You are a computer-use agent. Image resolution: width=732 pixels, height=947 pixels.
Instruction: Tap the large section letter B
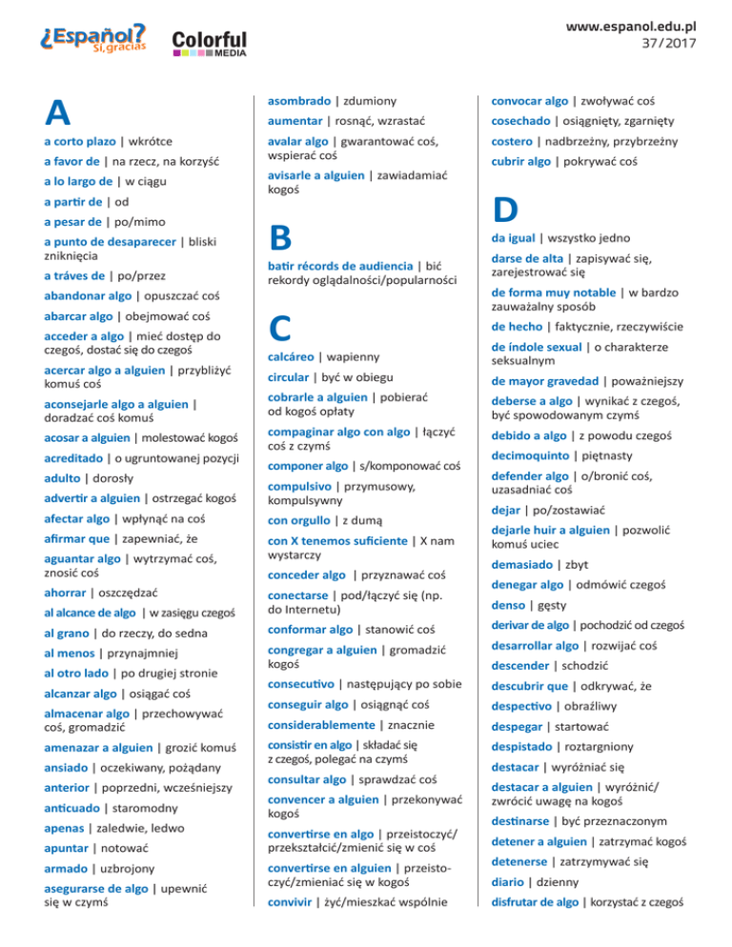pyautogui.click(x=279, y=235)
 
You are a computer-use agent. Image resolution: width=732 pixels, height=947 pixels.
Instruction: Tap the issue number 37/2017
pyautogui.click(x=667, y=44)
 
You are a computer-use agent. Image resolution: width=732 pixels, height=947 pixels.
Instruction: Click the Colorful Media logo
pyautogui.click(x=209, y=42)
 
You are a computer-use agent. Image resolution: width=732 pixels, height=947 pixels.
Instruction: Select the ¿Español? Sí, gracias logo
pyautogui.click(x=92, y=37)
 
